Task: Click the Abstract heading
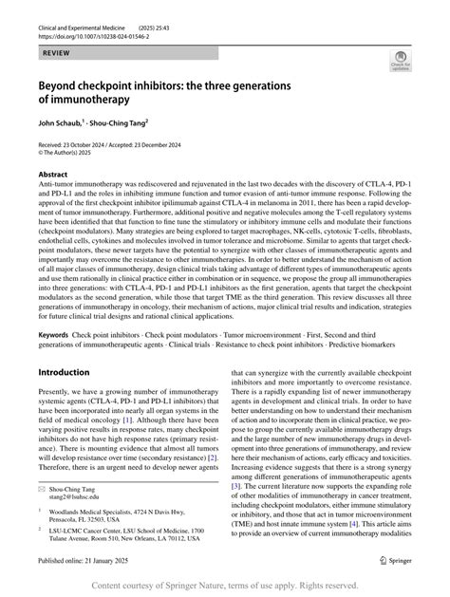coord(52,175)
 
